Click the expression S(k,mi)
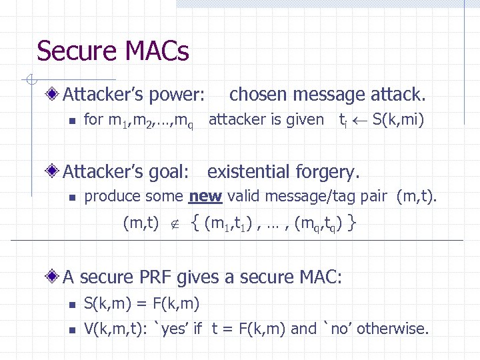pos(398,121)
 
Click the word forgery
pos(328,172)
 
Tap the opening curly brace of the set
pos(195,222)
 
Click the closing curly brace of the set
pos(351,222)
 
